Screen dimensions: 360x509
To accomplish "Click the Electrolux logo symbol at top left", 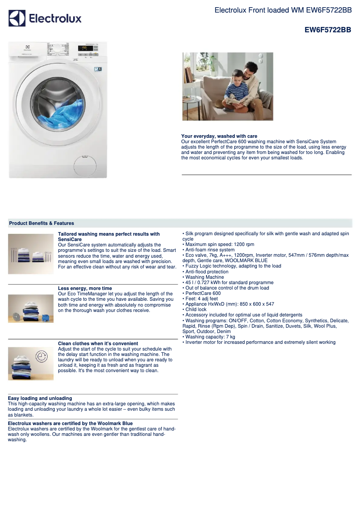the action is coord(17,18).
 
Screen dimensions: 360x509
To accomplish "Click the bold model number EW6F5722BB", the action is coord(328,30).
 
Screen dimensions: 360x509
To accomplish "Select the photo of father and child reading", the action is coord(227,86).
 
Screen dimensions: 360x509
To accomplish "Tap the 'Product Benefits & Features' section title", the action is coord(41,223).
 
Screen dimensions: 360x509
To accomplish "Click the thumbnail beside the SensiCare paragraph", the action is coord(31,254).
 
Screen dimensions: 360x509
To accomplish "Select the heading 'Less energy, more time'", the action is coord(85,288).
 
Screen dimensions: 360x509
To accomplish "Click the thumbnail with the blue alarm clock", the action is coord(31,308).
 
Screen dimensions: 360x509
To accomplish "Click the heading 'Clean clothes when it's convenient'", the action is coord(98,343).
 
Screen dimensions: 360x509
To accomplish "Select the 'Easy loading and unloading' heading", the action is coord(40,398).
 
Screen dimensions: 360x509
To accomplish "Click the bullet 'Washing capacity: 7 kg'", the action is coord(210,337).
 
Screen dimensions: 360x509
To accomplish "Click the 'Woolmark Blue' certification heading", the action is coord(70,423).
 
